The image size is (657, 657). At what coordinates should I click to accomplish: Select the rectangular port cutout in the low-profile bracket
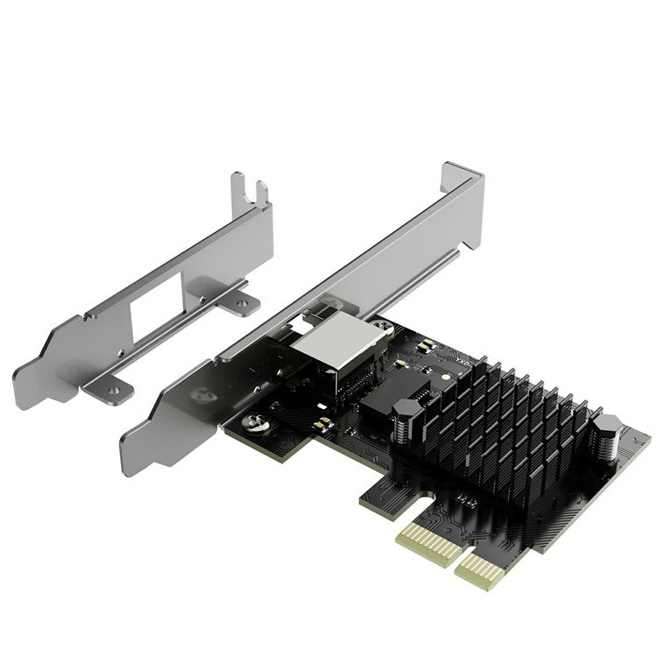tap(158, 306)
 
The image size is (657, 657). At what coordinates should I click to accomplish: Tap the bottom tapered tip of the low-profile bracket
tap(26, 385)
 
